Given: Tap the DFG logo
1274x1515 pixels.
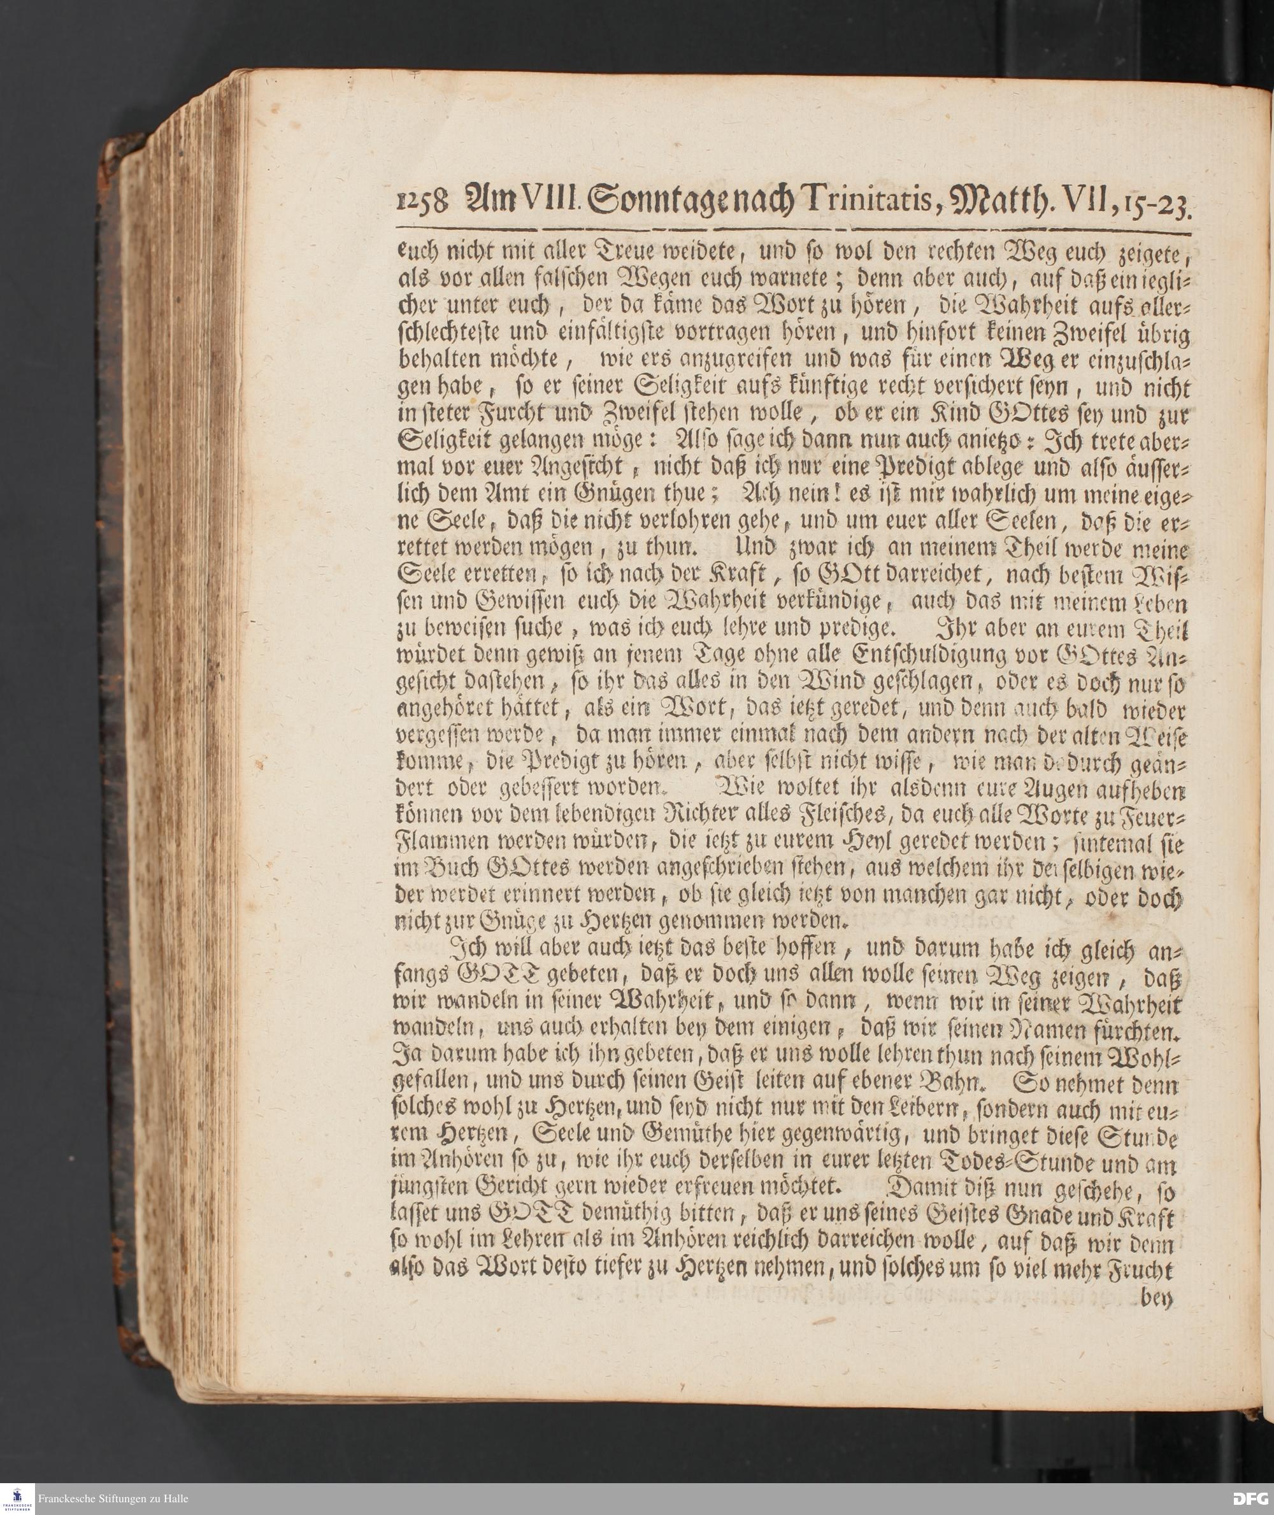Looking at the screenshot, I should tap(1252, 1498).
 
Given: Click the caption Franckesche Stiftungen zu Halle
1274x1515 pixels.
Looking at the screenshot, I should tap(113, 1498).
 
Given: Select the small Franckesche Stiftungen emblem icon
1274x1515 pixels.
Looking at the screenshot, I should tap(17, 1498).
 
